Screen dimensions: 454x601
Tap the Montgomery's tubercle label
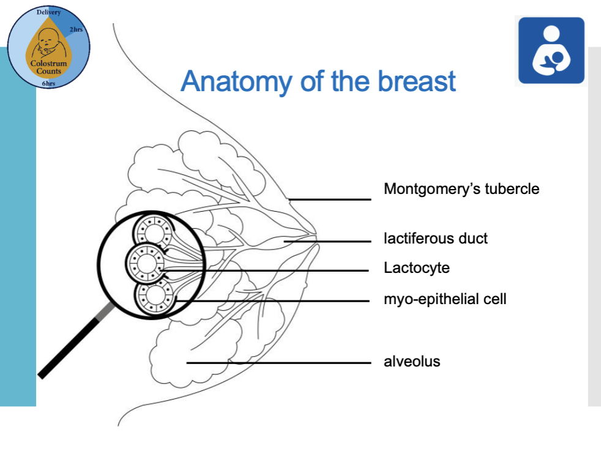tap(461, 188)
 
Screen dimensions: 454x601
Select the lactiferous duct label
tap(436, 238)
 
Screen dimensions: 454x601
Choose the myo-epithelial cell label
tap(445, 299)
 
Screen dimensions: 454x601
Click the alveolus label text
tap(412, 362)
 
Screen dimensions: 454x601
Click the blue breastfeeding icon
tap(551, 51)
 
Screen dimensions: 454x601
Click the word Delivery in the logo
tap(49, 12)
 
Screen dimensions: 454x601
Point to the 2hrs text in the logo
tap(77, 30)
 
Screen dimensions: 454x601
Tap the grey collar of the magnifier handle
tap(106, 311)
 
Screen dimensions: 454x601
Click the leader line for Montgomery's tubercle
tap(330, 199)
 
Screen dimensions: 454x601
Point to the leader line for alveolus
tap(278, 362)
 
